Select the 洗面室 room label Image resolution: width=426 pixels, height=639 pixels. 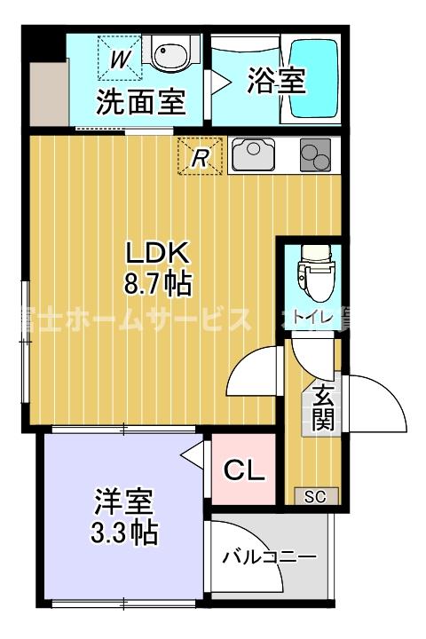pos(140,103)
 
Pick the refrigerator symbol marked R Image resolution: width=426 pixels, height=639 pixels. pos(201,158)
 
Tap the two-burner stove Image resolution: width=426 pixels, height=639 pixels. pos(314,156)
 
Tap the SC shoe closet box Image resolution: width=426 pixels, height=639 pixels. pos(315,496)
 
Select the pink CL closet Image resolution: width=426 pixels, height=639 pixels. pos(243,471)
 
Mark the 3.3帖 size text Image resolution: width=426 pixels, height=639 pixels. pos(125,532)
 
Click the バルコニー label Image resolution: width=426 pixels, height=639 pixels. pos(269,557)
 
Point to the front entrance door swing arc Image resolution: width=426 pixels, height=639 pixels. pos(377,399)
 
